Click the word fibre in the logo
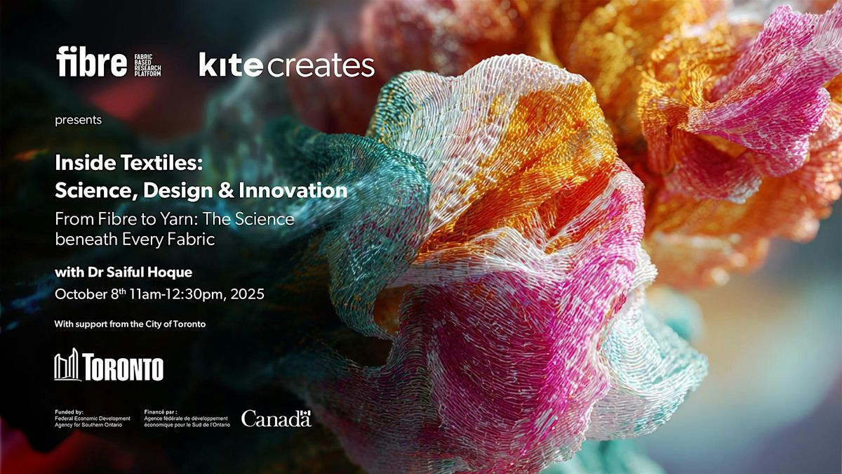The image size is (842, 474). (91, 61)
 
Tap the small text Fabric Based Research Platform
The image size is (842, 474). (148, 65)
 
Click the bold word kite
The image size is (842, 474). (231, 65)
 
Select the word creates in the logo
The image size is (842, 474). (321, 66)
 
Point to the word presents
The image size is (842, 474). (78, 120)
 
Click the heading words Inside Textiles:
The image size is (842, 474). (129, 162)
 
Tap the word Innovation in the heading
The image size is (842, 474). (293, 190)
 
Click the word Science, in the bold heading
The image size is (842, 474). (96, 191)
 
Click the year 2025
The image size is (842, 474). (247, 294)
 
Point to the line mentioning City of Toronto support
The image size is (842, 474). (130, 324)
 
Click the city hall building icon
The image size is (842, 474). (67, 364)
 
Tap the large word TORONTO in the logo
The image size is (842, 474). (123, 367)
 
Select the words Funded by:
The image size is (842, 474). (69, 412)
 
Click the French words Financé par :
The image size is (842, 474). (161, 412)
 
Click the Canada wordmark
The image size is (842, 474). (276, 419)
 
